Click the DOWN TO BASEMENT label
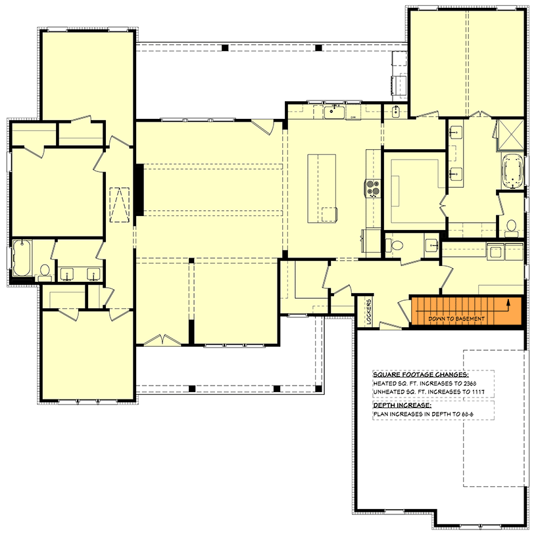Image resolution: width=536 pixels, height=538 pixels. [x=456, y=319]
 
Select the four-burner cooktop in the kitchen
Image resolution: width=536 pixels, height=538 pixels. [x=373, y=189]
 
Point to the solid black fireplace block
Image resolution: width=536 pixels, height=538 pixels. [x=139, y=189]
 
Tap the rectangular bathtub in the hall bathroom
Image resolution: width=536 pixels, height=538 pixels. [x=21, y=259]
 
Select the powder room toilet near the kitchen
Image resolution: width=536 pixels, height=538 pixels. [x=396, y=246]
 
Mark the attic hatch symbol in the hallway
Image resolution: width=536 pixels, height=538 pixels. [x=119, y=204]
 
